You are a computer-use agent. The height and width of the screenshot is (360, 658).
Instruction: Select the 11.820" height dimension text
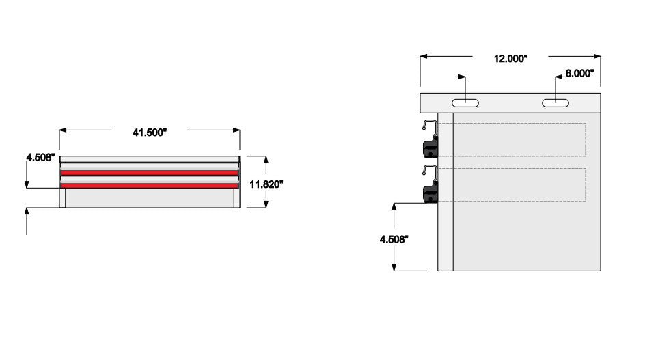pos(266,183)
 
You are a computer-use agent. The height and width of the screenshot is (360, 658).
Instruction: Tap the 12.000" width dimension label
pos(510,59)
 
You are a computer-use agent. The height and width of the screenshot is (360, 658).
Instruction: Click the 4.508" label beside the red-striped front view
pos(39,158)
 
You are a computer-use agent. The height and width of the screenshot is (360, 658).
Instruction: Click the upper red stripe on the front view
pos(150,173)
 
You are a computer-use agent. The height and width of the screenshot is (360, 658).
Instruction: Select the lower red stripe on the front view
pos(150,185)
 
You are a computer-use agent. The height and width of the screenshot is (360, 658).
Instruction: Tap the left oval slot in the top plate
pos(465,102)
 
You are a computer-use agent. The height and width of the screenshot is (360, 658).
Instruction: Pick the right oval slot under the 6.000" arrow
pos(556,102)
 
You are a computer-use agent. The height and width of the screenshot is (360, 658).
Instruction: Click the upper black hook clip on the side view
pos(430,141)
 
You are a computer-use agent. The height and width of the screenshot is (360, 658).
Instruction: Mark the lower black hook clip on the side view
pos(430,186)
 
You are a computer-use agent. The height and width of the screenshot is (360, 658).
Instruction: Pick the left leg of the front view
pos(63,199)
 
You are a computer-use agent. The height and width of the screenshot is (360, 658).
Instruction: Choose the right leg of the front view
pos(236,199)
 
